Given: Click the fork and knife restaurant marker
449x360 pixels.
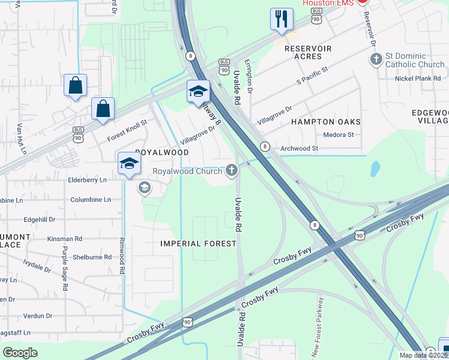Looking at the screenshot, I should point(281,19).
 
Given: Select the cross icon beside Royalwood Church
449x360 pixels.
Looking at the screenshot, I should point(232,171).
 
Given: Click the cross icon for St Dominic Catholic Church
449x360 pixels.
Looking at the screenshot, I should point(376,59).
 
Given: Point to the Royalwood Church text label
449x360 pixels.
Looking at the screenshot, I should point(187,171).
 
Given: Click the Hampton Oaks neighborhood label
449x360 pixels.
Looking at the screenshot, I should point(325,122).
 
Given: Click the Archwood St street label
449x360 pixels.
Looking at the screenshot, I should point(299,148).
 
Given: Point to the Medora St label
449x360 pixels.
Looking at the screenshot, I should point(339,135).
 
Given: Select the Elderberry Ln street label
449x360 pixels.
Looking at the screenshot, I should point(88,179).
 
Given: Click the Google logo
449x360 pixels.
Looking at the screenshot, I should point(20,352).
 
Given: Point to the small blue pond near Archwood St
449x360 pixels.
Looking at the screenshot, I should point(375,169).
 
